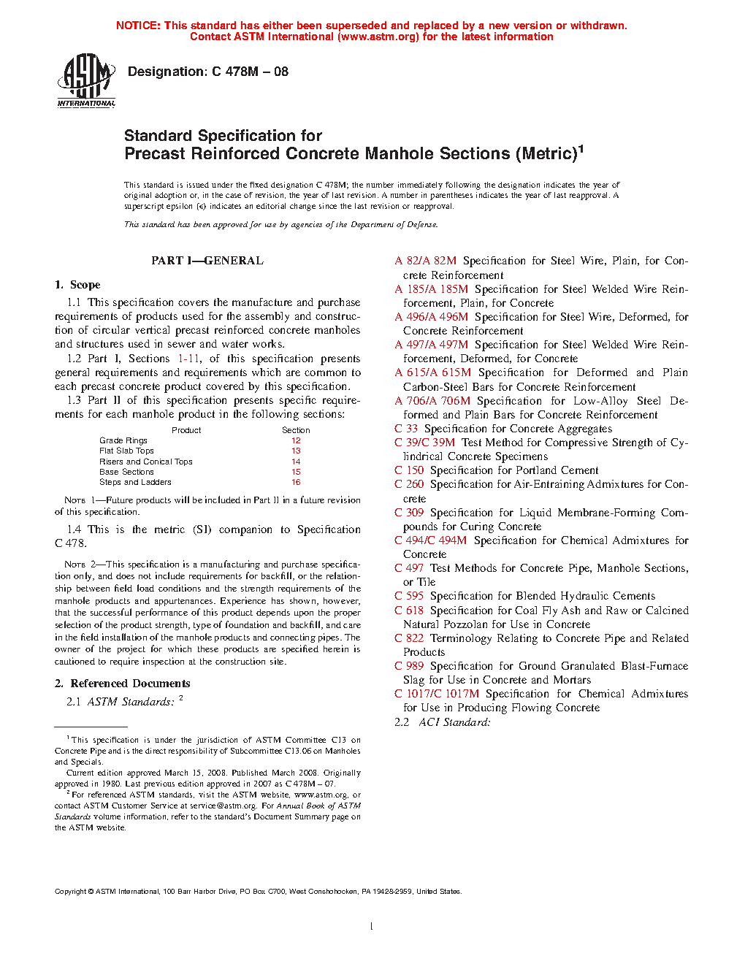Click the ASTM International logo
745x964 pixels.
click(86, 80)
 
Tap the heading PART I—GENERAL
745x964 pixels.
click(207, 261)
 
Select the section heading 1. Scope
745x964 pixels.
click(77, 285)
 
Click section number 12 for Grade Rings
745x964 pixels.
click(296, 440)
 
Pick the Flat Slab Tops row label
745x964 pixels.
click(126, 451)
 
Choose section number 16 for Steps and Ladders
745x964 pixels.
click(296, 482)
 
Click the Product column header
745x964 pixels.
click(186, 430)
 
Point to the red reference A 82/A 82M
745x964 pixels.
click(426, 261)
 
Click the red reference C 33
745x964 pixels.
click(406, 429)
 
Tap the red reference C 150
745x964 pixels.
click(409, 470)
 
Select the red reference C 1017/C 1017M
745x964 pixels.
click(437, 694)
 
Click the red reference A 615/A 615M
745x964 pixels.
click(433, 372)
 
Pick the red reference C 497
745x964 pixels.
click(409, 568)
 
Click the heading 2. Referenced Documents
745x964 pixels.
click(123, 684)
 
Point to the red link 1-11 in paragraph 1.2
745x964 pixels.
click(188, 359)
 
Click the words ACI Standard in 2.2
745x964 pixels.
click(454, 722)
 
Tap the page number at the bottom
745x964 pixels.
click(372, 926)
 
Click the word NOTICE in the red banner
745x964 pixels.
click(138, 26)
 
